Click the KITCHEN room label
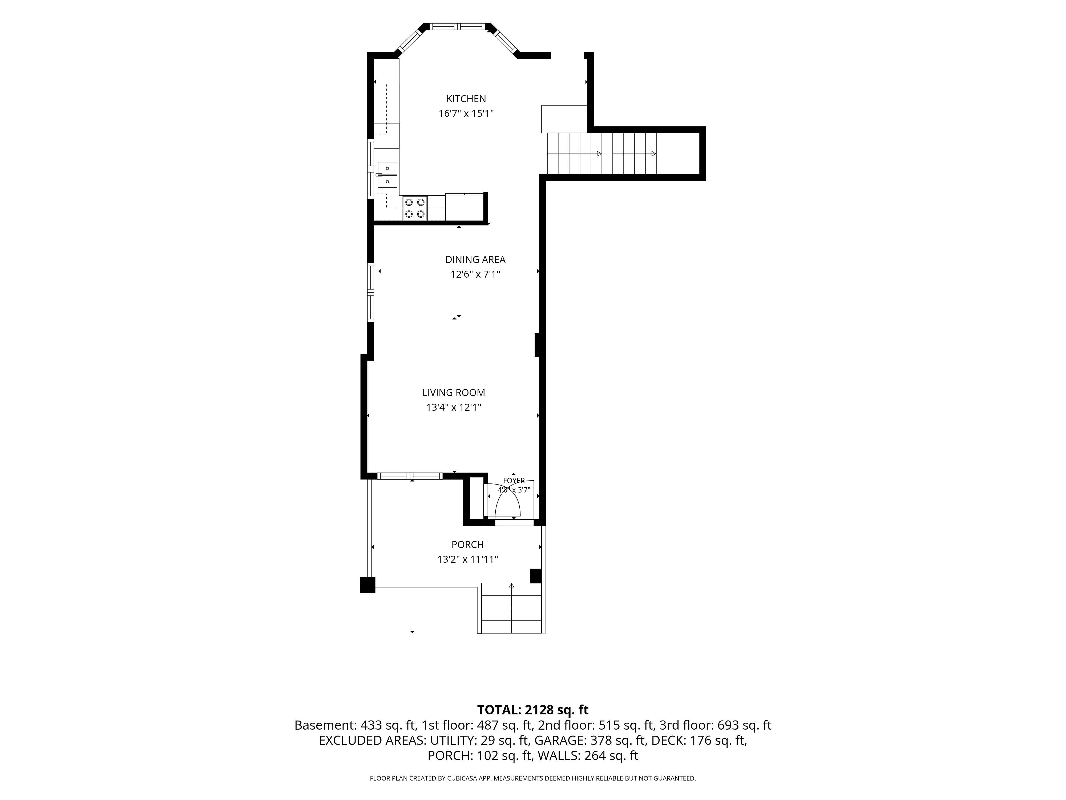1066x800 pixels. (466, 99)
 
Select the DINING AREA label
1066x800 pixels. (475, 259)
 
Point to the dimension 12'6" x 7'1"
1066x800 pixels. (475, 274)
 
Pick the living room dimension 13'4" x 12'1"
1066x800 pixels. (454, 407)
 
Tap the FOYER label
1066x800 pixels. (514, 481)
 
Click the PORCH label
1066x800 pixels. (467, 545)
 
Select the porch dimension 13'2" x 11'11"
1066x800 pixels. (467, 559)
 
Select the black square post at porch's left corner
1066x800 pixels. (367, 585)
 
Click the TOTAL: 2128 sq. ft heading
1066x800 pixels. (532, 710)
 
